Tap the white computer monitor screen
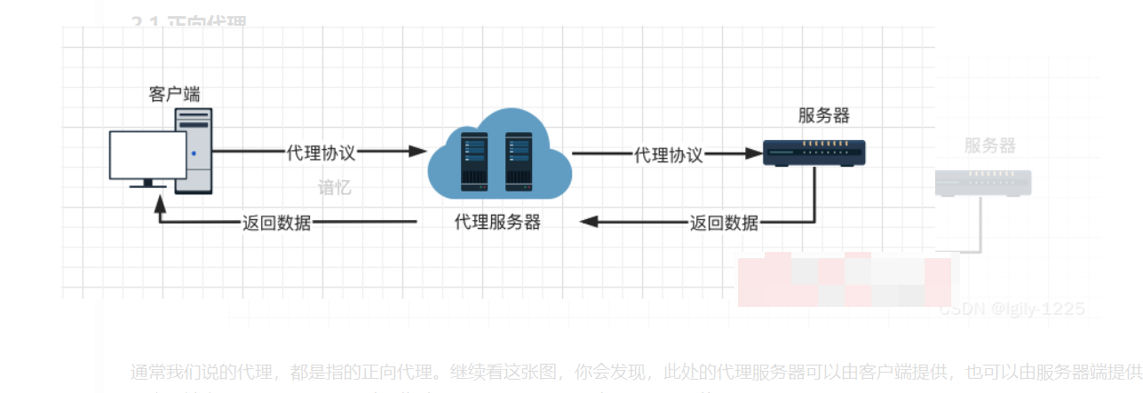147,154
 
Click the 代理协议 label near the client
321,153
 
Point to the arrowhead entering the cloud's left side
417,152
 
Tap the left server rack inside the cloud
473,161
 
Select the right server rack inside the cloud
519,161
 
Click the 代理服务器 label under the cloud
497,222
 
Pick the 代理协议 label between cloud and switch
668,154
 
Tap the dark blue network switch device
814,153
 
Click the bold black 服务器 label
823,115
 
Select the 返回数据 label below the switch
724,223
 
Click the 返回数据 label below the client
277,223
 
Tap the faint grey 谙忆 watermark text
335,188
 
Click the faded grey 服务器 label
989,145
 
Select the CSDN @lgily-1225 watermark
1012,309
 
